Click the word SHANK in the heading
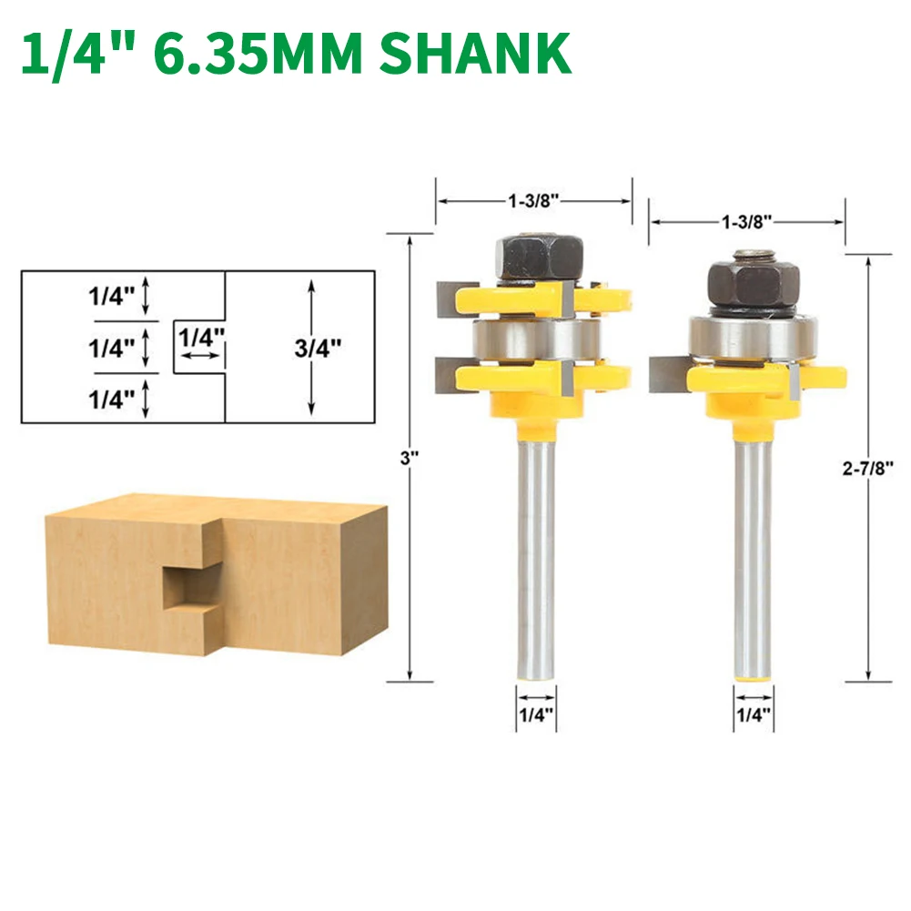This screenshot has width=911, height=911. [x=475, y=53]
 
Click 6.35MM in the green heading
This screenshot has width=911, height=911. [x=258, y=53]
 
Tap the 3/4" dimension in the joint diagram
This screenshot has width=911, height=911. [x=318, y=348]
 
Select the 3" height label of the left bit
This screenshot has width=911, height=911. [x=409, y=459]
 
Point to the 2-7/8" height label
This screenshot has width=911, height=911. [x=867, y=468]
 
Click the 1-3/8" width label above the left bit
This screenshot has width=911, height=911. [x=533, y=201]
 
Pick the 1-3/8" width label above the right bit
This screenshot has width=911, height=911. [x=746, y=221]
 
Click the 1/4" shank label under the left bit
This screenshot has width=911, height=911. [x=536, y=714]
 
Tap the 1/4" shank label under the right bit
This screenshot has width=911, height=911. [x=753, y=714]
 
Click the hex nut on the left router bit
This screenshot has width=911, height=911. [x=539, y=258]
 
